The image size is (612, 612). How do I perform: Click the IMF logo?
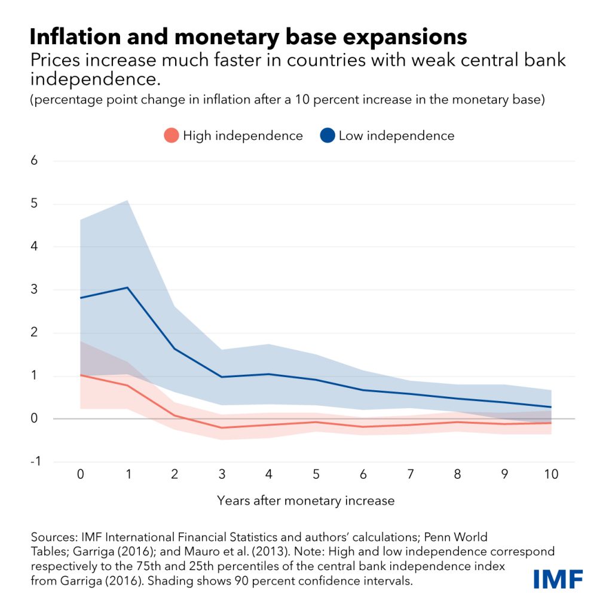558,579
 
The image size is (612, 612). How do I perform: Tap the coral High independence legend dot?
172,136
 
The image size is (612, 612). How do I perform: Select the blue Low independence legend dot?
328,136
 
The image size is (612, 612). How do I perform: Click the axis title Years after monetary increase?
305,500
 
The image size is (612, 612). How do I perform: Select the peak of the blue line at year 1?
127,287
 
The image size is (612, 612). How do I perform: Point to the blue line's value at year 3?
221,377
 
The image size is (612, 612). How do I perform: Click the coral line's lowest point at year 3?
221,427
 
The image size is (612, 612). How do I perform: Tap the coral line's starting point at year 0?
80,375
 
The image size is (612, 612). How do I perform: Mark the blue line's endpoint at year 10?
550,407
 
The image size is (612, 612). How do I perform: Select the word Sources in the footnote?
51,536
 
